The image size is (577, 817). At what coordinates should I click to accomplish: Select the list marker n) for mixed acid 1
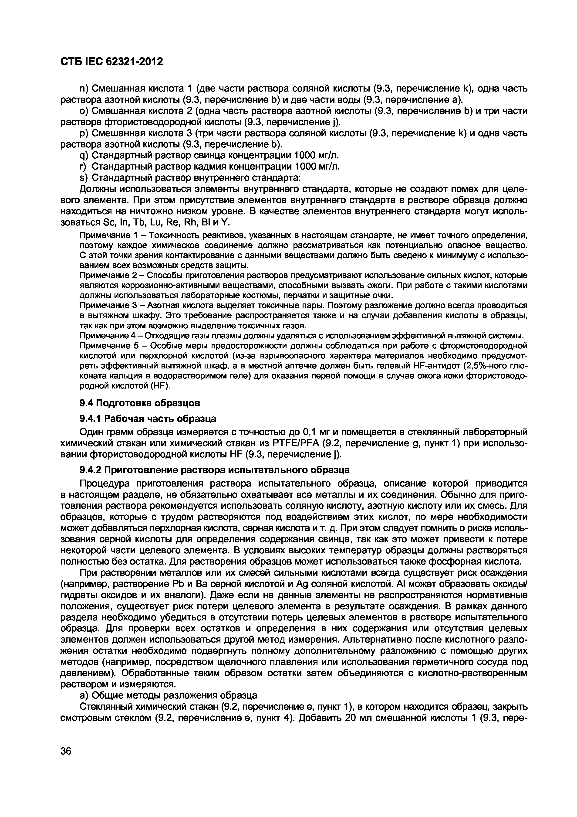tap(84, 89)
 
